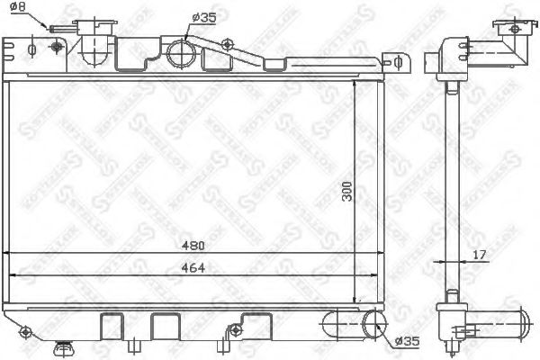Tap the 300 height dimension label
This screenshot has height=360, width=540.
pyautogui.click(x=363, y=194)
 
